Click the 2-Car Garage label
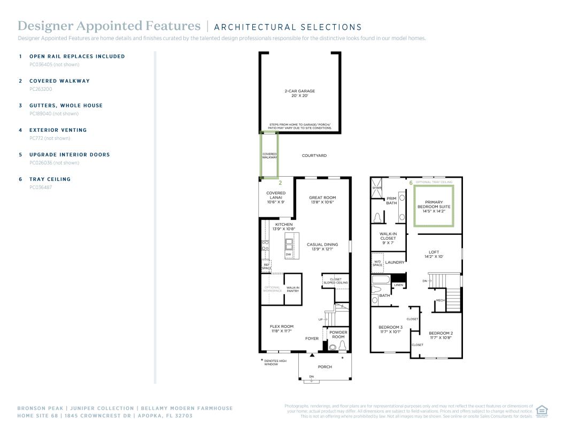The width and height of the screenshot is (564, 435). coord(299,93)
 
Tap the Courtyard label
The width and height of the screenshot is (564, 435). coord(314,155)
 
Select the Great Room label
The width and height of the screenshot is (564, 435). coord(322,200)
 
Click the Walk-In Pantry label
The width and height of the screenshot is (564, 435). coord(293,289)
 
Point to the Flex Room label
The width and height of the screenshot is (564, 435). coord(282,329)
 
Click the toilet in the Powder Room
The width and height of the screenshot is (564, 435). coord(342,346)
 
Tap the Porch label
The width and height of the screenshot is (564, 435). coord(325,367)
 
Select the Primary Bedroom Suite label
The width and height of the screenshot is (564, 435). coord(434,207)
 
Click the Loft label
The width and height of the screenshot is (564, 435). coord(434,254)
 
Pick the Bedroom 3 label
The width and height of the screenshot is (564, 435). coord(390,329)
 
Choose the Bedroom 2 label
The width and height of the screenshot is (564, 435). coord(441,335)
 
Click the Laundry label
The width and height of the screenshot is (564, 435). coord(395,262)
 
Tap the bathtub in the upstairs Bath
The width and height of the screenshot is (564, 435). coord(381,280)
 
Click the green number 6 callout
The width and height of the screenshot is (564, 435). coord(411,183)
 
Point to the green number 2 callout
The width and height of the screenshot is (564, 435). coord(281,183)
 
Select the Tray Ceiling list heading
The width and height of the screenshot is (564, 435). coord(50,179)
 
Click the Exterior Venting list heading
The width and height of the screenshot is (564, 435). coord(58,130)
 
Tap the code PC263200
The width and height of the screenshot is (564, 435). coord(41,89)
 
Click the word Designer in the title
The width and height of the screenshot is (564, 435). coord(45,26)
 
